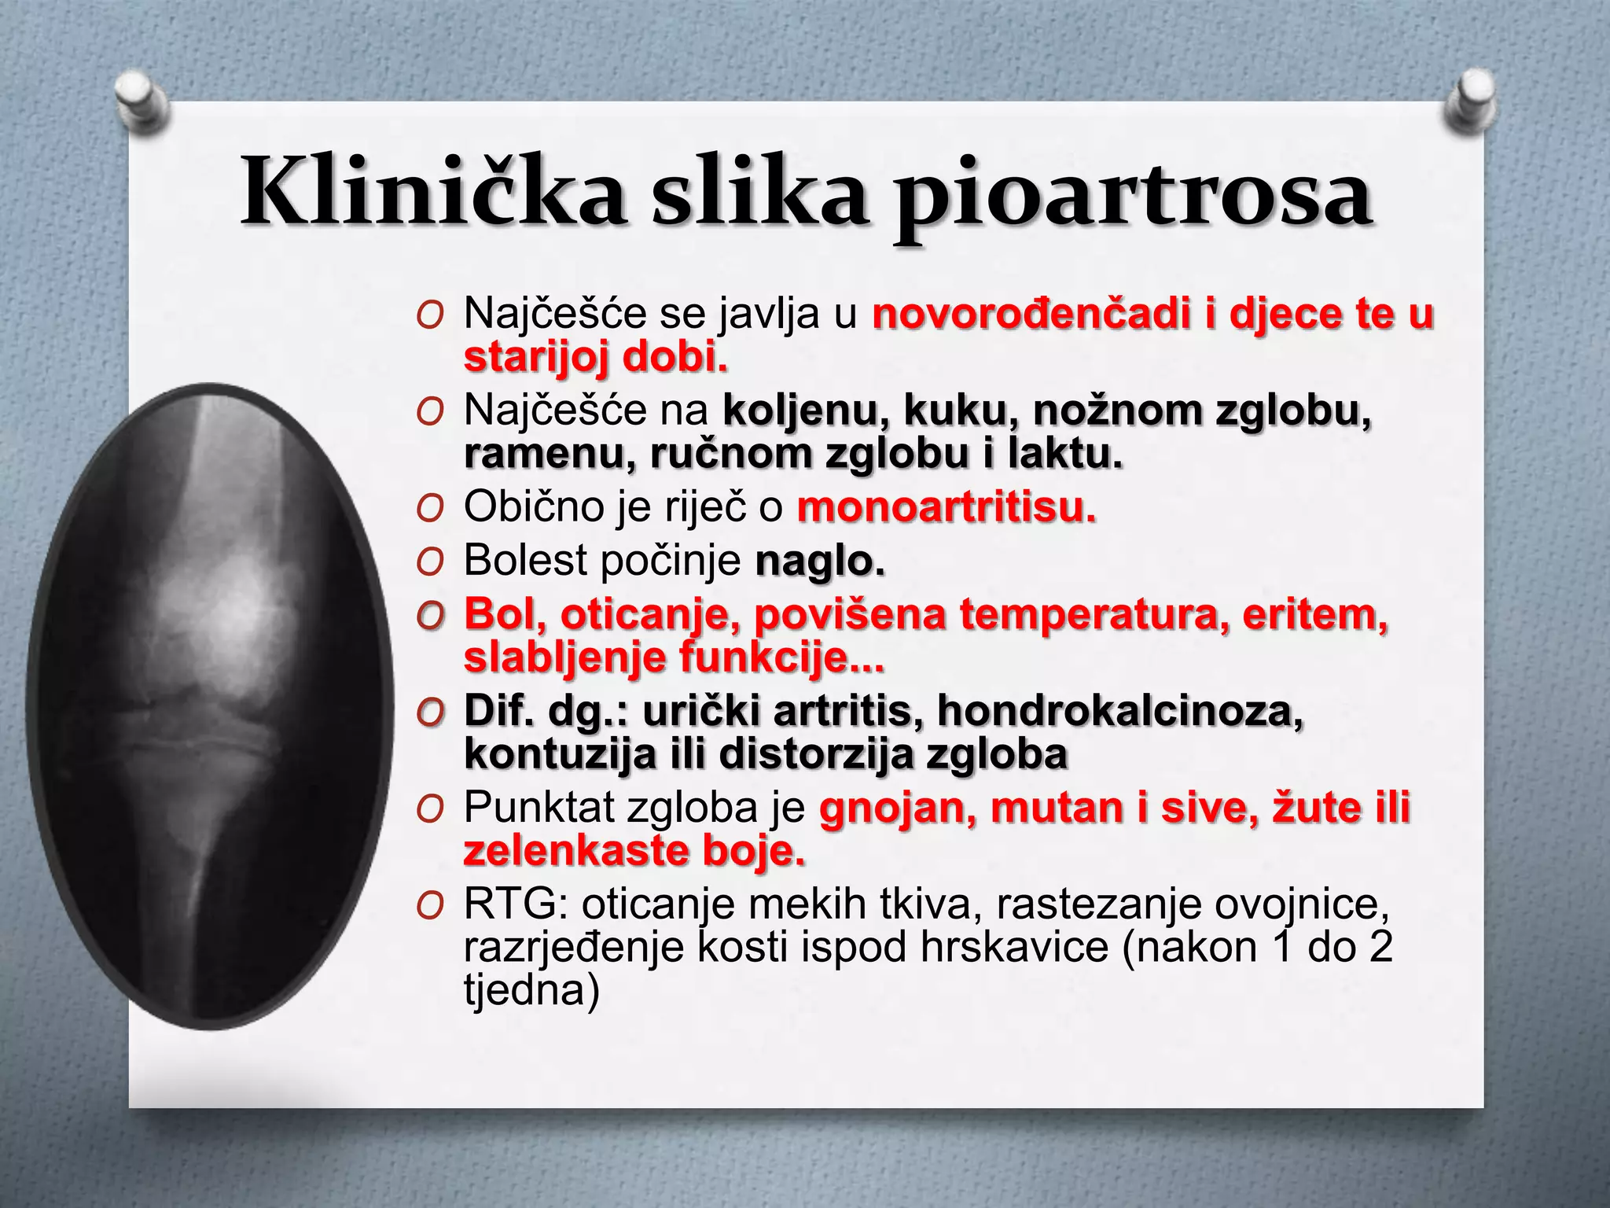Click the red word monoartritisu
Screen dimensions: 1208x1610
point(946,507)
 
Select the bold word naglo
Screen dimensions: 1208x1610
point(820,562)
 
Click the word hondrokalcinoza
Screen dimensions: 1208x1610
point(1120,711)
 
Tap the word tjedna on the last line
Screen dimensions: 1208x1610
point(531,990)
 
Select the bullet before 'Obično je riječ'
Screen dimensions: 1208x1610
point(430,510)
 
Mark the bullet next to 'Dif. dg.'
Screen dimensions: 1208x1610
point(430,713)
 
